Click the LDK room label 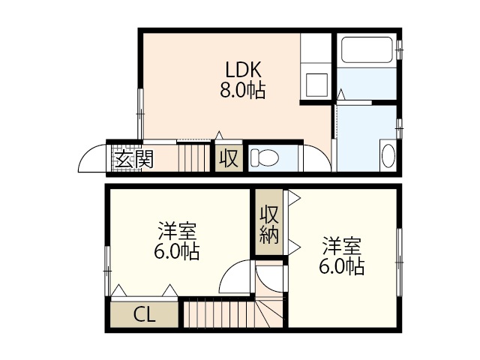pos(243,69)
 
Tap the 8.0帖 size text pos(243,91)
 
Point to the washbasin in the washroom pos(388,156)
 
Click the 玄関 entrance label pos(133,159)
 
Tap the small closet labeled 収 pos(229,159)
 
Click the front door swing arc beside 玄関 pos(92,157)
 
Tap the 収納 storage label pos(269,224)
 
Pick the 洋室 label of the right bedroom pos(342,245)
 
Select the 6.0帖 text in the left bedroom pos(177,251)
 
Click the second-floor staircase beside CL pos(217,312)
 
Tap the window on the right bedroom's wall pos(399,254)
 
